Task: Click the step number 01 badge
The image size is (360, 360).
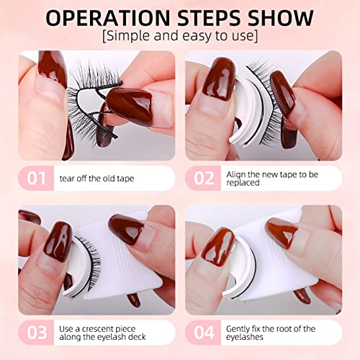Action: click(x=37, y=178)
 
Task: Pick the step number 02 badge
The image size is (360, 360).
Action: click(x=201, y=178)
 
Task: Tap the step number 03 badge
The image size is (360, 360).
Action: click(x=37, y=333)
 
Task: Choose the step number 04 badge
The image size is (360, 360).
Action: click(x=201, y=333)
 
